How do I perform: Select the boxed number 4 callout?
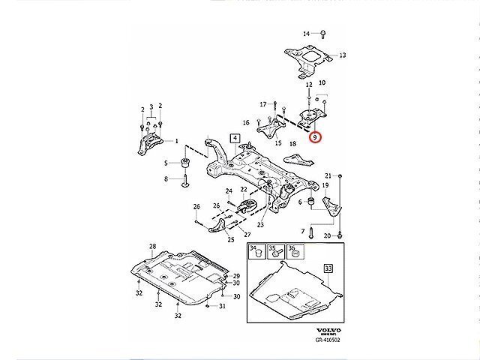[x=234, y=138]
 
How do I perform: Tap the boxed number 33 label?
[x=328, y=268]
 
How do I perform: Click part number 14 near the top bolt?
[x=306, y=34]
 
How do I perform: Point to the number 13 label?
[x=342, y=55]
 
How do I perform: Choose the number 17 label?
[x=262, y=103]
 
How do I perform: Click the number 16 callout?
[x=245, y=122]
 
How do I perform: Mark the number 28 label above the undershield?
[x=152, y=247]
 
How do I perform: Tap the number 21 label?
[x=327, y=175]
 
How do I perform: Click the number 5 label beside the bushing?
[x=166, y=163]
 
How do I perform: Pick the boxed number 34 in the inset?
[x=253, y=249]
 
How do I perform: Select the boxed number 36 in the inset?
[x=292, y=249]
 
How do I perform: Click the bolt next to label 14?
[x=321, y=34]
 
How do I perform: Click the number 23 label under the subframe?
[x=260, y=224]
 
